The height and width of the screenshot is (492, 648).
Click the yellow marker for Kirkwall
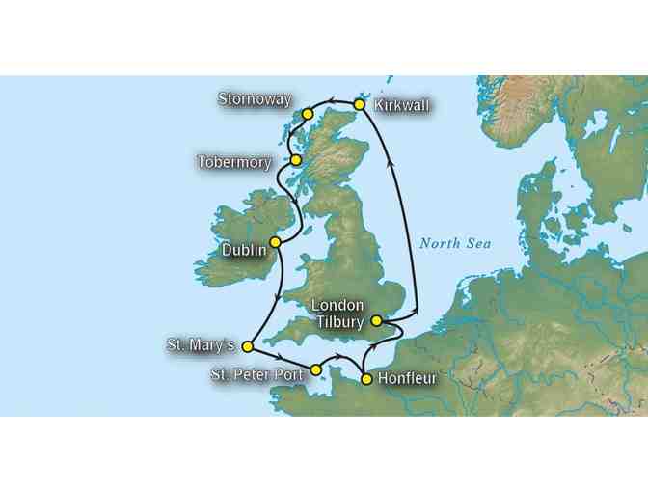(x=359, y=103)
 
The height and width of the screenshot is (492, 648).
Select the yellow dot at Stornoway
(x=308, y=114)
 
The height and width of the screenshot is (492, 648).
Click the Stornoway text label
(x=253, y=98)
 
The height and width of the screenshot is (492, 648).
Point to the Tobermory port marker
(x=297, y=160)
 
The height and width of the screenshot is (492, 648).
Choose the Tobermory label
(x=234, y=162)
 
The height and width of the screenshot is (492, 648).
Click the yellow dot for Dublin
(x=275, y=241)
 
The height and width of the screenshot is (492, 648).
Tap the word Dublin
(x=242, y=250)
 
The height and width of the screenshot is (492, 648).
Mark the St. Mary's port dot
(x=247, y=345)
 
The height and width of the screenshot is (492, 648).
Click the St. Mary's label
(x=201, y=343)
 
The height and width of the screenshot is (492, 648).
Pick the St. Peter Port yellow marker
(x=315, y=369)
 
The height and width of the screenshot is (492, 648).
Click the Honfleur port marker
(x=366, y=379)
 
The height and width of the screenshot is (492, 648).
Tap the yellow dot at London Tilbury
(x=376, y=321)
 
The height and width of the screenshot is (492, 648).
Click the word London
(x=337, y=305)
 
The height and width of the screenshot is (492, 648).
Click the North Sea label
(x=454, y=243)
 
